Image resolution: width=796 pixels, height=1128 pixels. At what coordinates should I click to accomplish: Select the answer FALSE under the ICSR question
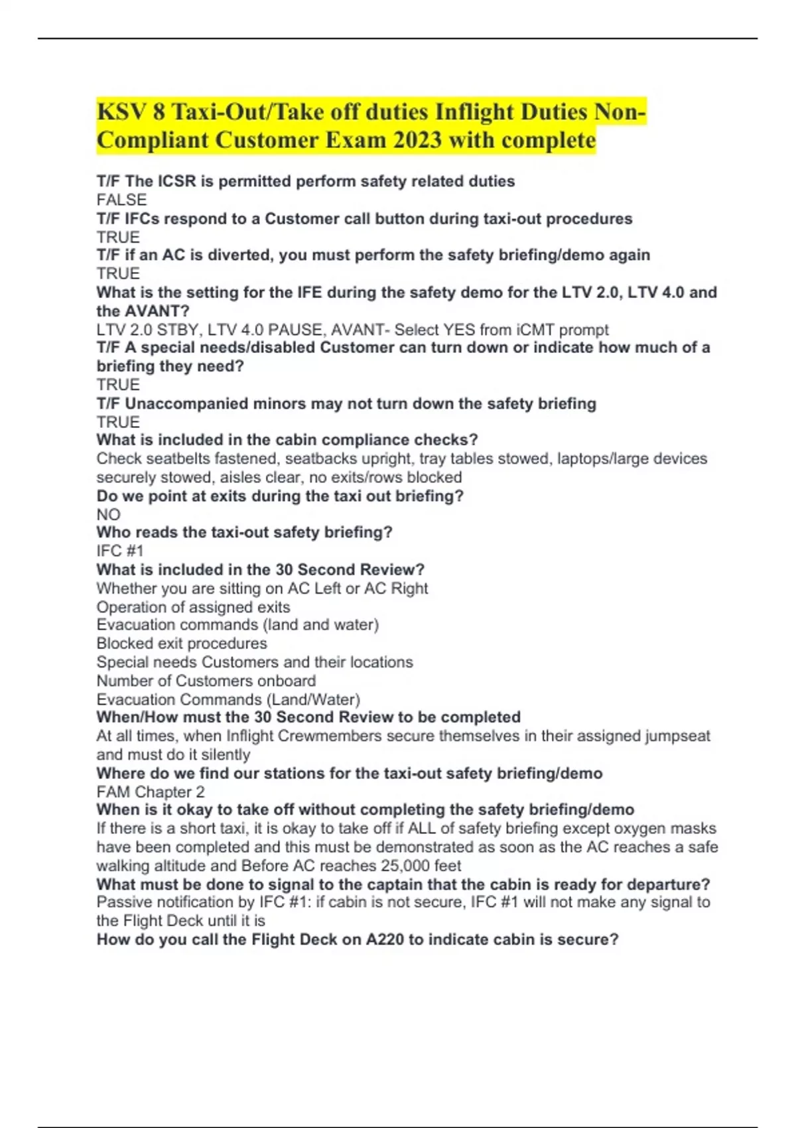click(121, 200)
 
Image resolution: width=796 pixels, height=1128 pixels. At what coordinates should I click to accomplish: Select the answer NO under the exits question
click(108, 514)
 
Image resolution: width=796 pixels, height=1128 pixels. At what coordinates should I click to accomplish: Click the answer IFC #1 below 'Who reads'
click(120, 551)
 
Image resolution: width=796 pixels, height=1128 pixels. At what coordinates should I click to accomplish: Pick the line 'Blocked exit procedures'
click(182, 643)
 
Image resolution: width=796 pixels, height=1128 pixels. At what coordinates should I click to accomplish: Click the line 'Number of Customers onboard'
click(206, 681)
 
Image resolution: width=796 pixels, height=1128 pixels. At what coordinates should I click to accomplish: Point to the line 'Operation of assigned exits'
click(193, 607)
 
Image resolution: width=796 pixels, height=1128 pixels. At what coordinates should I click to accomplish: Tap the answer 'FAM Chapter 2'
click(151, 792)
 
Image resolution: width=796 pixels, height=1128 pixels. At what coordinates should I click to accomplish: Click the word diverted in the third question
click(235, 255)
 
